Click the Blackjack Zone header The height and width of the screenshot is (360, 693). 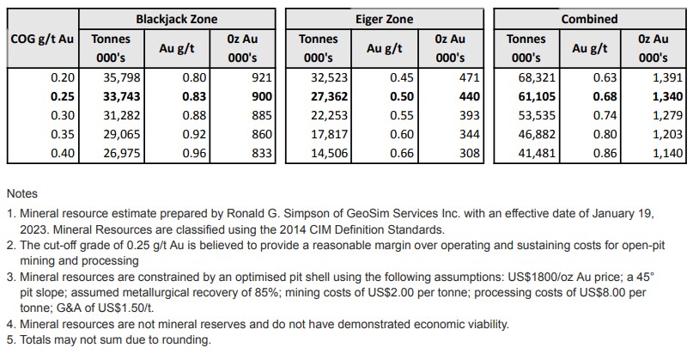click(177, 18)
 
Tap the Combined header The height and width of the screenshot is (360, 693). click(589, 18)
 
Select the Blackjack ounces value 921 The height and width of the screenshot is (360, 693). click(261, 77)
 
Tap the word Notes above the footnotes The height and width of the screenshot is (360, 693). click(22, 194)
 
